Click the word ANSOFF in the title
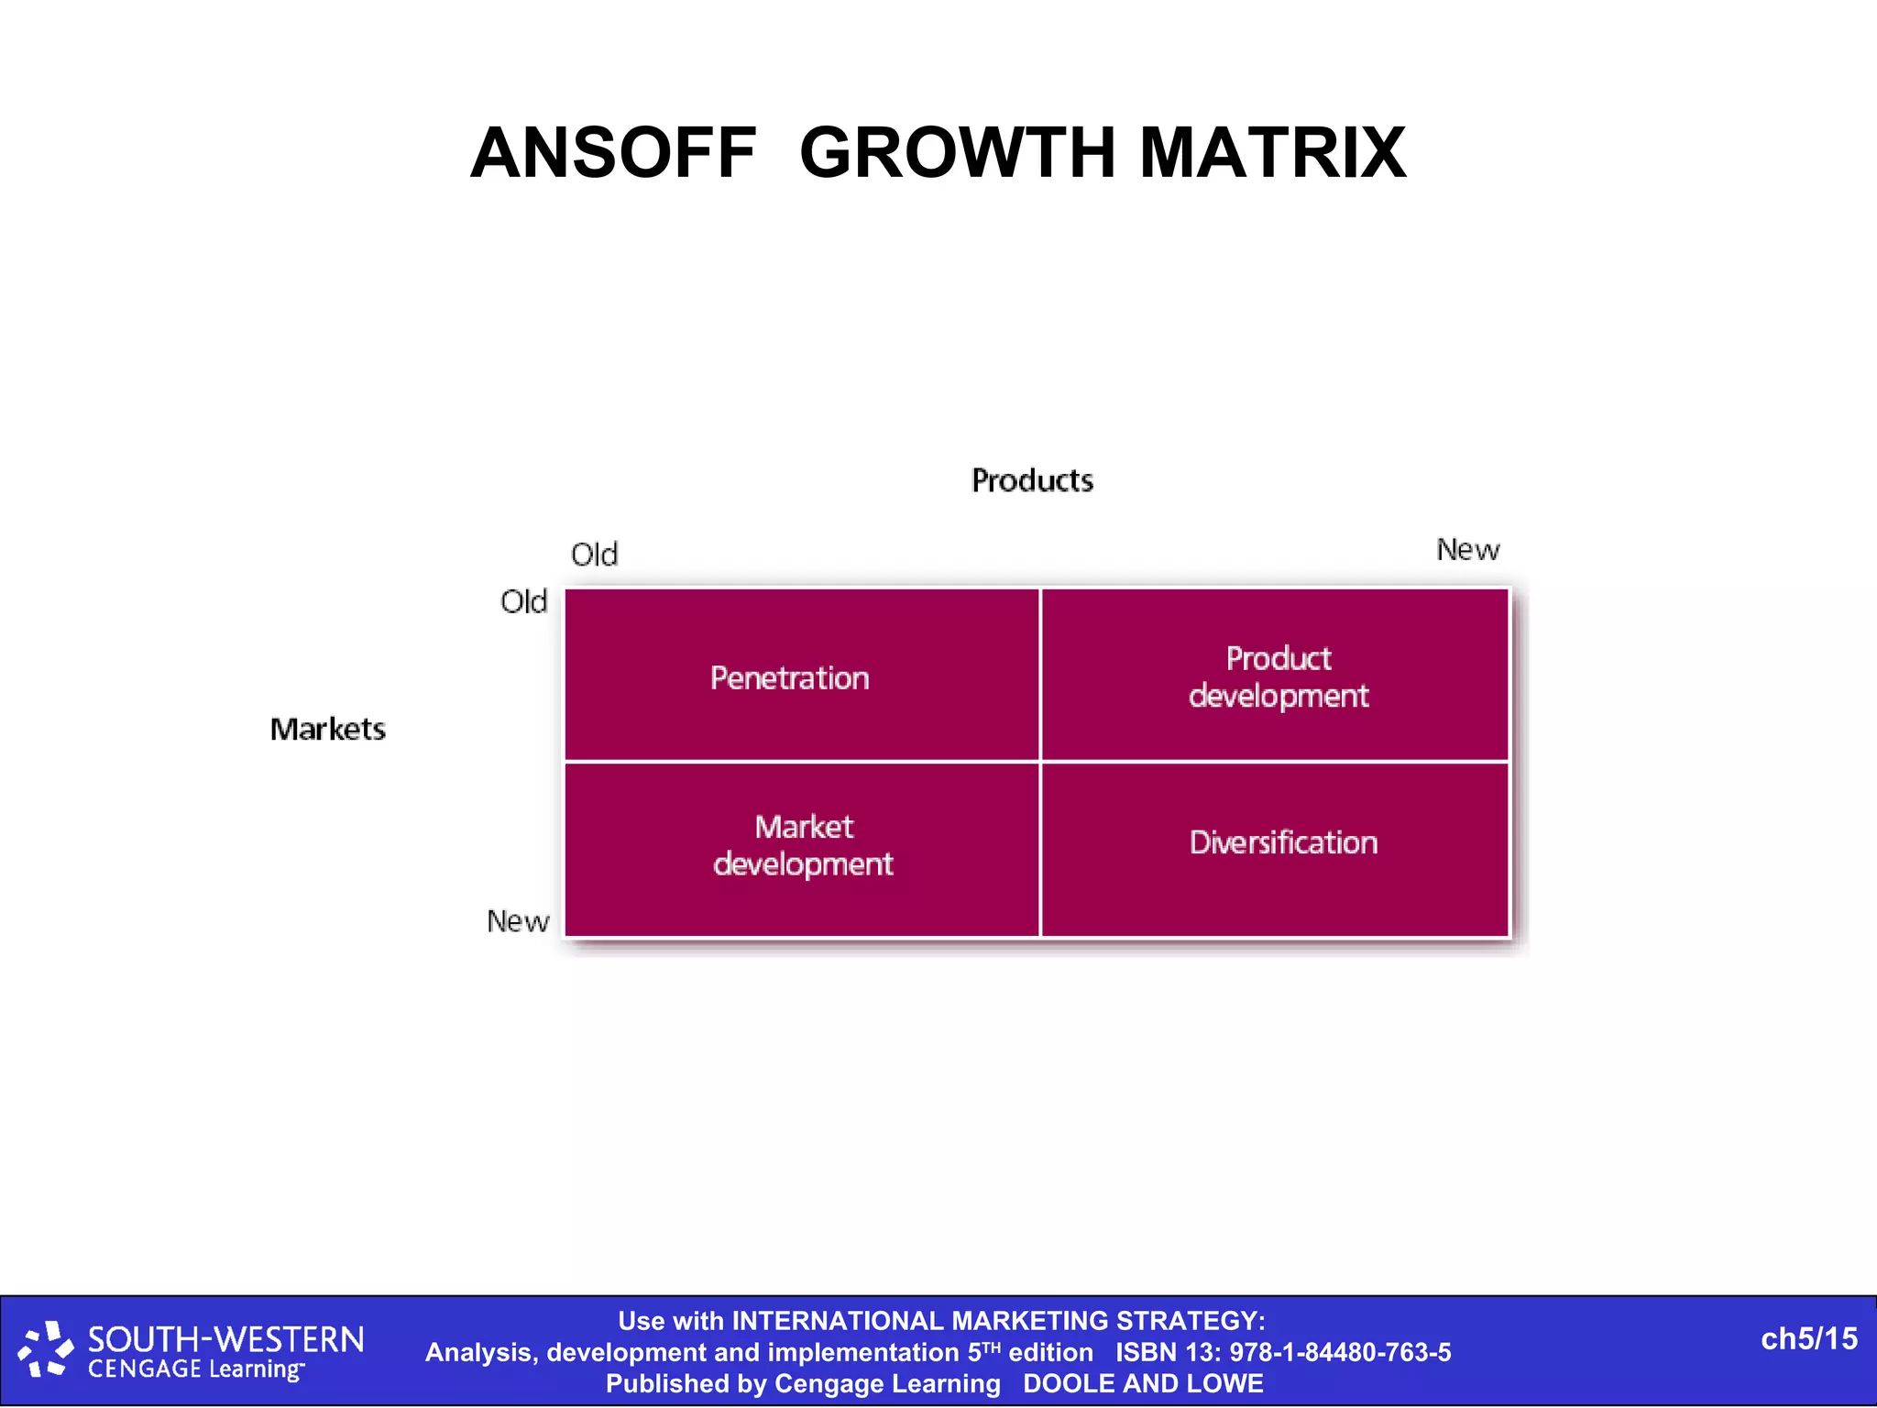click(x=613, y=153)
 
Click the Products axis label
click(x=1032, y=480)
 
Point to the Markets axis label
click(x=328, y=729)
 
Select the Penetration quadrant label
click(x=789, y=678)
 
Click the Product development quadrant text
click(x=1279, y=676)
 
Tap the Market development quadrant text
click(x=803, y=845)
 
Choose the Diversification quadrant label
click(x=1283, y=842)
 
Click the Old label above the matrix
click(x=594, y=555)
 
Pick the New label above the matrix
click(x=1467, y=550)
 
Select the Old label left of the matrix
click(x=523, y=602)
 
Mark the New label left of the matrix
click(x=518, y=921)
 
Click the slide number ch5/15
click(x=1808, y=1339)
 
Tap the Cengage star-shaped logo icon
click(x=45, y=1349)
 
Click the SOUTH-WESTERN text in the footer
click(x=225, y=1340)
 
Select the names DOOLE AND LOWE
click(x=1143, y=1383)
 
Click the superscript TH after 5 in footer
click(x=992, y=1347)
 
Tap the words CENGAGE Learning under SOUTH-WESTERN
click(x=195, y=1369)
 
